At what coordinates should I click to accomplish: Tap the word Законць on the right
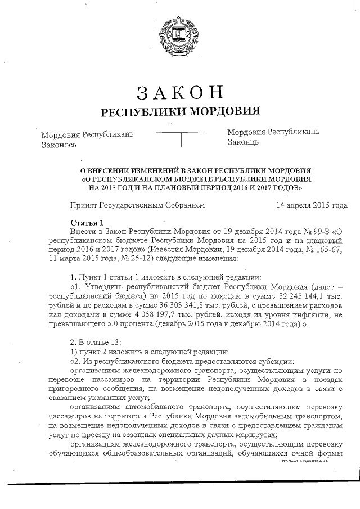(243, 143)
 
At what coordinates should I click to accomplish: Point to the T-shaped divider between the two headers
(181, 137)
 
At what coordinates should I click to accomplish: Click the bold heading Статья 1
(87, 223)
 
